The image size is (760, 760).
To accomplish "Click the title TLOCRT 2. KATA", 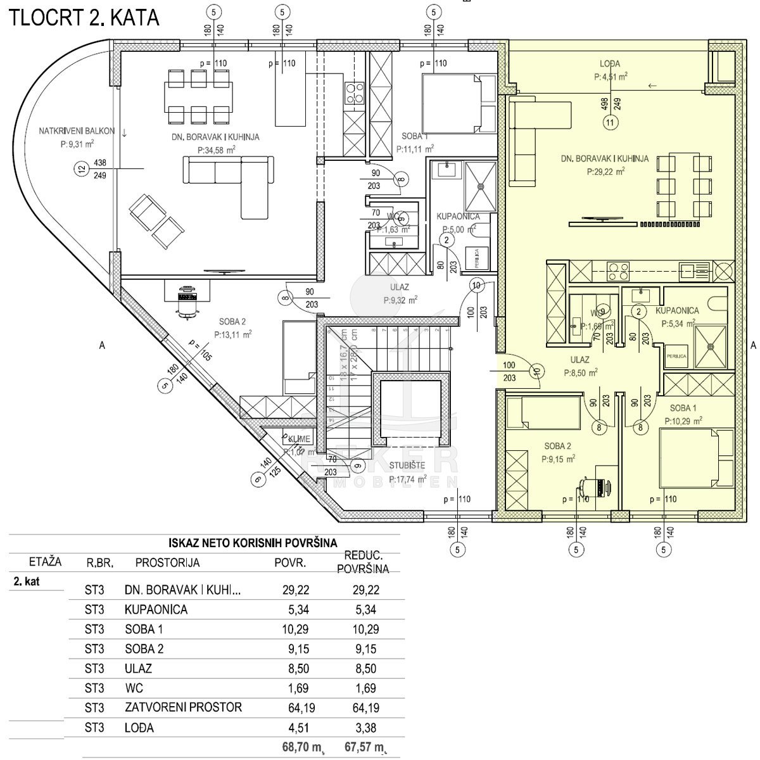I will pyautogui.click(x=83, y=17).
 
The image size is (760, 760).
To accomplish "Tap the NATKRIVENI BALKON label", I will pyautogui.click(x=77, y=131).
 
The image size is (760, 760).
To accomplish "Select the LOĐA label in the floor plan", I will pyautogui.click(x=610, y=63).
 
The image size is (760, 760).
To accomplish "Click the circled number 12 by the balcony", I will pyautogui.click(x=80, y=168).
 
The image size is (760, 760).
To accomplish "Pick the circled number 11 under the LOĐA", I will pyautogui.click(x=610, y=123).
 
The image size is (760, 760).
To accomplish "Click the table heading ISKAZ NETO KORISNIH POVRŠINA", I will pyautogui.click(x=253, y=543).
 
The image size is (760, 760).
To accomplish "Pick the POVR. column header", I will pyautogui.click(x=290, y=562).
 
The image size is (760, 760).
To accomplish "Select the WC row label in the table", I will pyautogui.click(x=132, y=688).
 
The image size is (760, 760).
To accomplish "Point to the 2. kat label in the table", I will pyautogui.click(x=27, y=581).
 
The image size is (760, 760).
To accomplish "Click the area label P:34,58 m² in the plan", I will pyautogui.click(x=217, y=150).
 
